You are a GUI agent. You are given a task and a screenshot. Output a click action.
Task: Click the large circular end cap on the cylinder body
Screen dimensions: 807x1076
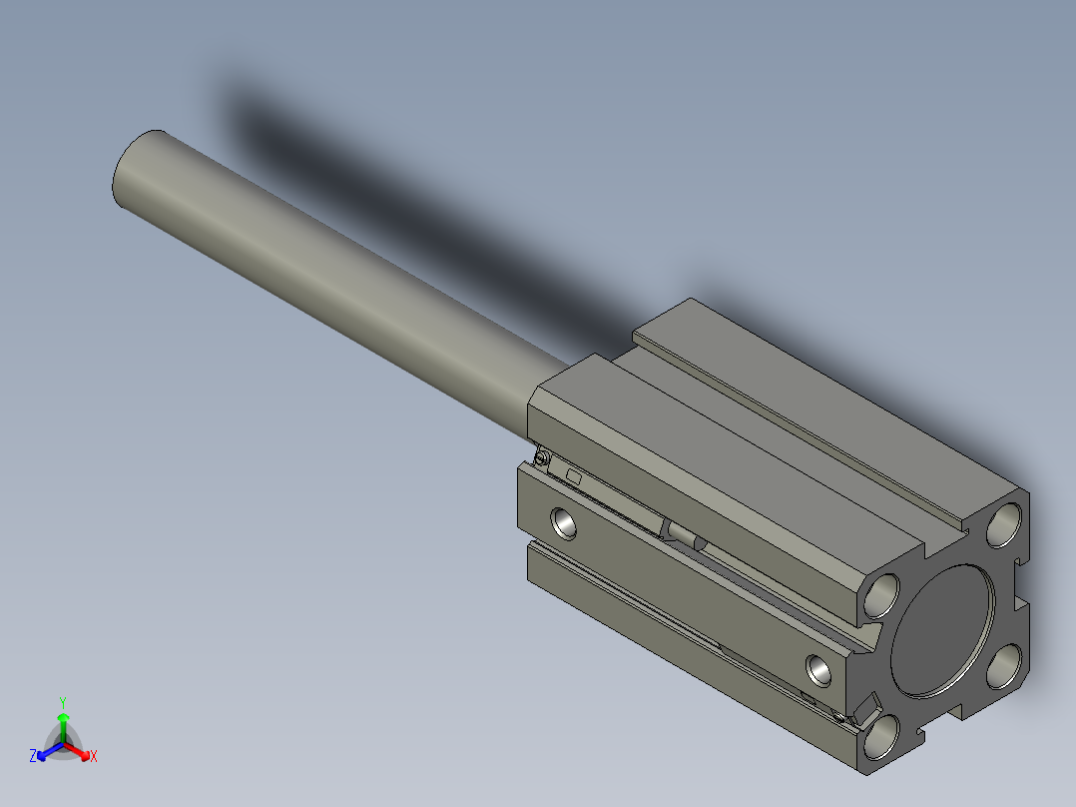coord(943,630)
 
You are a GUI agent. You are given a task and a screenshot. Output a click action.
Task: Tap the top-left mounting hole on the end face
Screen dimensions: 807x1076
coord(882,594)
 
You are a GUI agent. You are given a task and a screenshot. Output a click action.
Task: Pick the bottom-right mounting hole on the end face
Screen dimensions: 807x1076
coord(1005,666)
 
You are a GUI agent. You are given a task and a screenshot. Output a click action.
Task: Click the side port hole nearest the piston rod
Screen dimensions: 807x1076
coord(564,521)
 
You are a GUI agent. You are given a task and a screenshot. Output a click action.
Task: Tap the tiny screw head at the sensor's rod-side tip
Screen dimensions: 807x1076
coord(541,458)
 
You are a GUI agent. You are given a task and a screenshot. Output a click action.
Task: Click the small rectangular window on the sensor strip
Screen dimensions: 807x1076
coord(574,476)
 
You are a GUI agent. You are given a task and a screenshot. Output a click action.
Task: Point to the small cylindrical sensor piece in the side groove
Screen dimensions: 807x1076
coord(687,535)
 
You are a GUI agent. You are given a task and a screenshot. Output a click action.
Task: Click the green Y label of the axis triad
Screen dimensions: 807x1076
coord(63,702)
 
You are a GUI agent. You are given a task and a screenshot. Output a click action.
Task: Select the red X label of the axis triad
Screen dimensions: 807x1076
coord(94,757)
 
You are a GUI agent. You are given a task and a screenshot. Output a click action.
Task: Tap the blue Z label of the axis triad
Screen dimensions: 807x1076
coord(33,757)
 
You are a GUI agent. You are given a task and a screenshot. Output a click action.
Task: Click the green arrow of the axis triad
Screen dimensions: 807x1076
coord(63,723)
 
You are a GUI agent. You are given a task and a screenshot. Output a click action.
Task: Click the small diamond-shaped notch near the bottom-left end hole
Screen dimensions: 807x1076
coord(866,707)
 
